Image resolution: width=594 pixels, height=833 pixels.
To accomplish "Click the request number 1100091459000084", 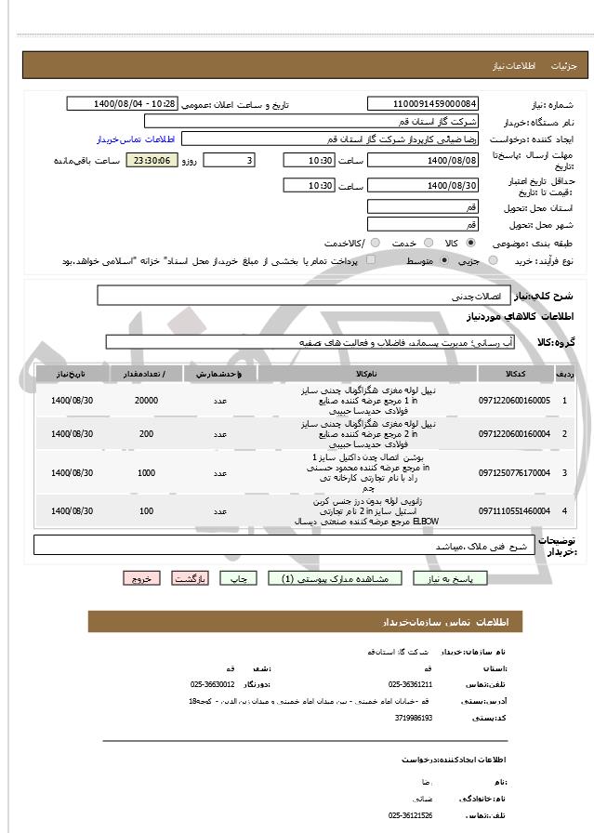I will [424, 104].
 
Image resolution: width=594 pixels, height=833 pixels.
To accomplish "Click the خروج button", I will [141, 578].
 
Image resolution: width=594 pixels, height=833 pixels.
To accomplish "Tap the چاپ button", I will [238, 578].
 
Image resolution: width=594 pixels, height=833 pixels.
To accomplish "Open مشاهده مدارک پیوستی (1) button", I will [336, 578].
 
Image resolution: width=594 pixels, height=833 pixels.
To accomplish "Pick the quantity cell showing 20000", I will [146, 400].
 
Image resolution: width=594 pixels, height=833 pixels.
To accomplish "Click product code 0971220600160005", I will [514, 400].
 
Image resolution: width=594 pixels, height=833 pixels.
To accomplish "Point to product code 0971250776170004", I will [514, 473].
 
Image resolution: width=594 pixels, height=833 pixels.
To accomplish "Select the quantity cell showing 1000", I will [146, 473].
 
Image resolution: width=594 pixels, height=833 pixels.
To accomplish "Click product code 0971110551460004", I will [514, 511].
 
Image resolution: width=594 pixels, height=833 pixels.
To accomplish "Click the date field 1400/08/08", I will [424, 161].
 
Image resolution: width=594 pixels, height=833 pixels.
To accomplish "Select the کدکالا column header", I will [516, 374].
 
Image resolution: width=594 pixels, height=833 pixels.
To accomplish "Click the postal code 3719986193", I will [415, 718].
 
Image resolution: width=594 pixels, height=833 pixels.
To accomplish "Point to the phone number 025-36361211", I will [410, 684].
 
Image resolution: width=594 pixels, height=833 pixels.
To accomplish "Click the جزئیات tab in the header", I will [564, 67].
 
